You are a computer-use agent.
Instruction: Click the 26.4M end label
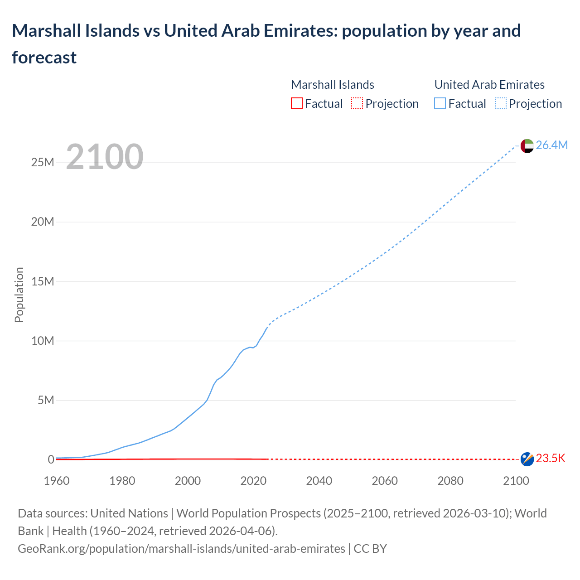pyautogui.click(x=551, y=145)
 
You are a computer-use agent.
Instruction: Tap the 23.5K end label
pyautogui.click(x=551, y=459)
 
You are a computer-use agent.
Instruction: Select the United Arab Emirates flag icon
pyautogui.click(x=527, y=146)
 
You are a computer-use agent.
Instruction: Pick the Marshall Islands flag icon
pyautogui.click(x=527, y=459)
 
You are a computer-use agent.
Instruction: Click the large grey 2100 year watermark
pyautogui.click(x=105, y=157)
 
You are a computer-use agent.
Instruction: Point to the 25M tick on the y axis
pyautogui.click(x=43, y=162)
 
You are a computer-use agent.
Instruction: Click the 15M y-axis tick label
pyautogui.click(x=43, y=281)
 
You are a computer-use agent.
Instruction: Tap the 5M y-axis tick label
pyautogui.click(x=46, y=400)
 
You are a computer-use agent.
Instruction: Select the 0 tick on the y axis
pyautogui.click(x=51, y=459)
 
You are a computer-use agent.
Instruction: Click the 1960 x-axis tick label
pyautogui.click(x=57, y=481)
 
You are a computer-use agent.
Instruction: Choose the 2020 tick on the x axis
pyautogui.click(x=253, y=481)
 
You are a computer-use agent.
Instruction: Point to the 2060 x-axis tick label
pyautogui.click(x=385, y=481)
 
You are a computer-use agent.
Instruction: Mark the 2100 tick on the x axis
pyautogui.click(x=516, y=481)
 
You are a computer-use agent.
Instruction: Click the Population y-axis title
pyautogui.click(x=19, y=295)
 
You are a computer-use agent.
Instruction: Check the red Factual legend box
pyautogui.click(x=297, y=104)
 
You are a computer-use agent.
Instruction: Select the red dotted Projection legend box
pyautogui.click(x=357, y=104)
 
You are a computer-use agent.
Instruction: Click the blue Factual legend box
pyautogui.click(x=440, y=104)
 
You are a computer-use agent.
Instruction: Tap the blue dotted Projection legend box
pyautogui.click(x=500, y=104)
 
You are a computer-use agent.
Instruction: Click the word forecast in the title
pyautogui.click(x=44, y=58)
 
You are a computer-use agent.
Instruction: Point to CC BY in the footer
pyautogui.click(x=370, y=549)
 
